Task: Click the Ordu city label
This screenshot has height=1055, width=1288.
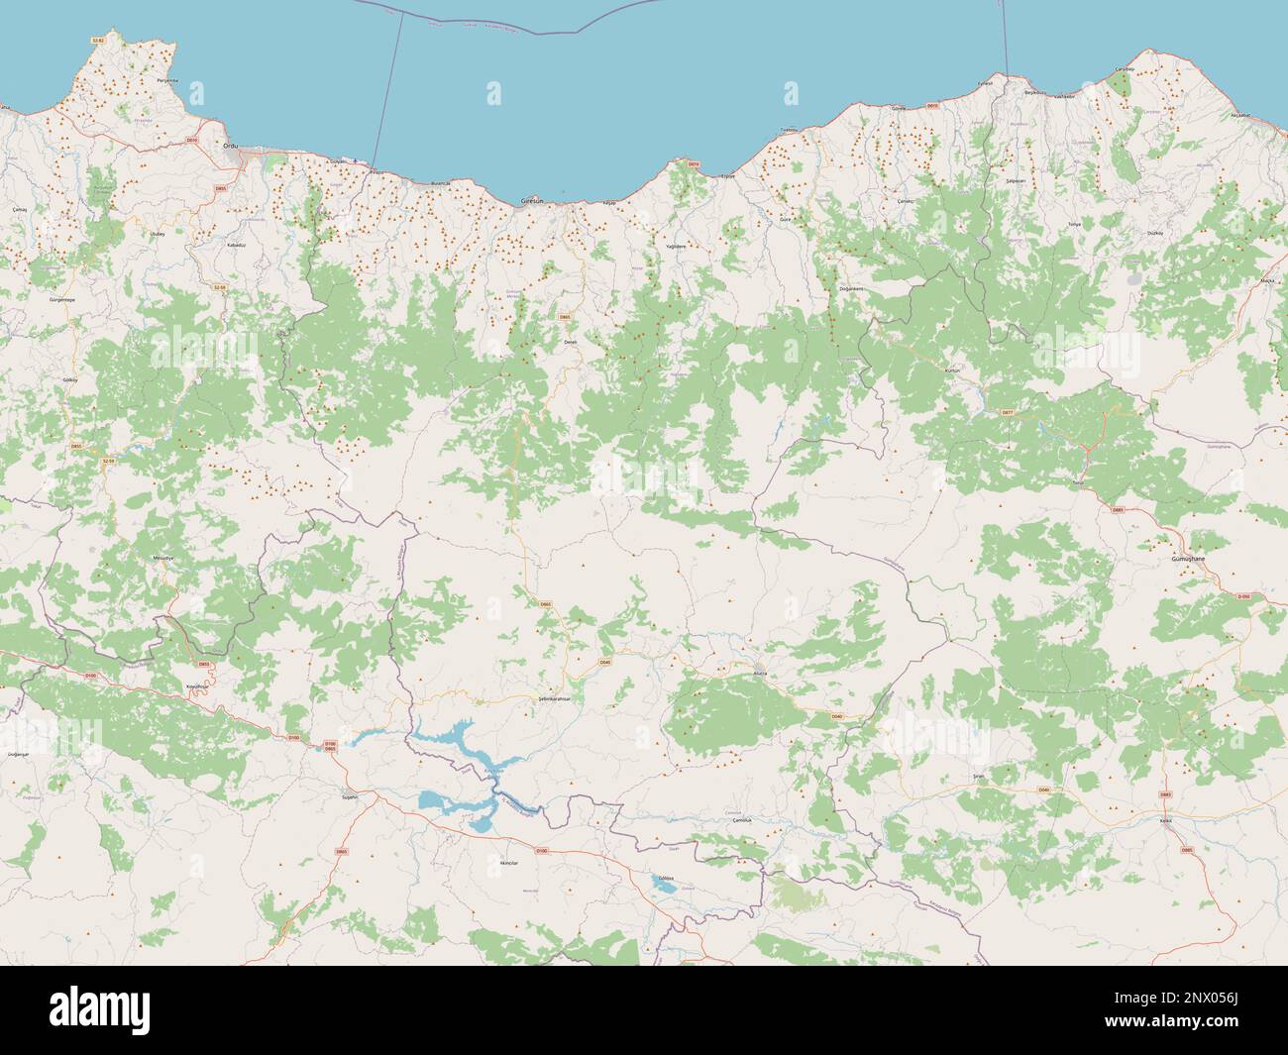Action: click(x=231, y=146)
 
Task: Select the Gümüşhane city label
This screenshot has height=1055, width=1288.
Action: click(x=1187, y=560)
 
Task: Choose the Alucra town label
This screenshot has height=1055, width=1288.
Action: click(x=758, y=673)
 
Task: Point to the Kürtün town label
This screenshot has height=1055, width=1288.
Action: click(x=954, y=369)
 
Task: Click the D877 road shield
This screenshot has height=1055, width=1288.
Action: click(x=1008, y=412)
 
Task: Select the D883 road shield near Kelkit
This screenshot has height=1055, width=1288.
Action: click(x=1165, y=795)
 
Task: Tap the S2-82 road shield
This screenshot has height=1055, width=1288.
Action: click(x=97, y=40)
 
